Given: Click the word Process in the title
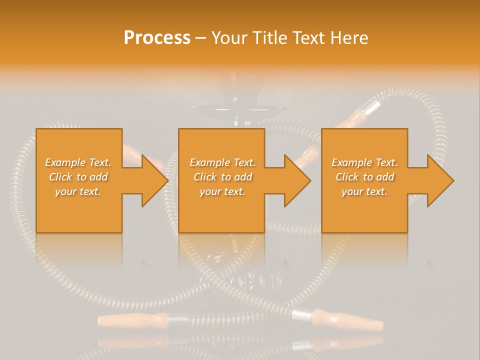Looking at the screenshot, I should tap(157, 38).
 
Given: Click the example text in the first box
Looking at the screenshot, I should tap(78, 177).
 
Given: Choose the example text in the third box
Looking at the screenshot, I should tap(364, 177).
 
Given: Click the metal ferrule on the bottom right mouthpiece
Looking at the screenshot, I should tap(302, 315).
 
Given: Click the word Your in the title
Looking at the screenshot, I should tap(230, 38).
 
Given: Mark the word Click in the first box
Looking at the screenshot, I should tap(60, 177).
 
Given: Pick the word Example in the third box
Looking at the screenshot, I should tap(351, 162).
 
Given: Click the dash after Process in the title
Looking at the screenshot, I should tap(201, 38).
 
